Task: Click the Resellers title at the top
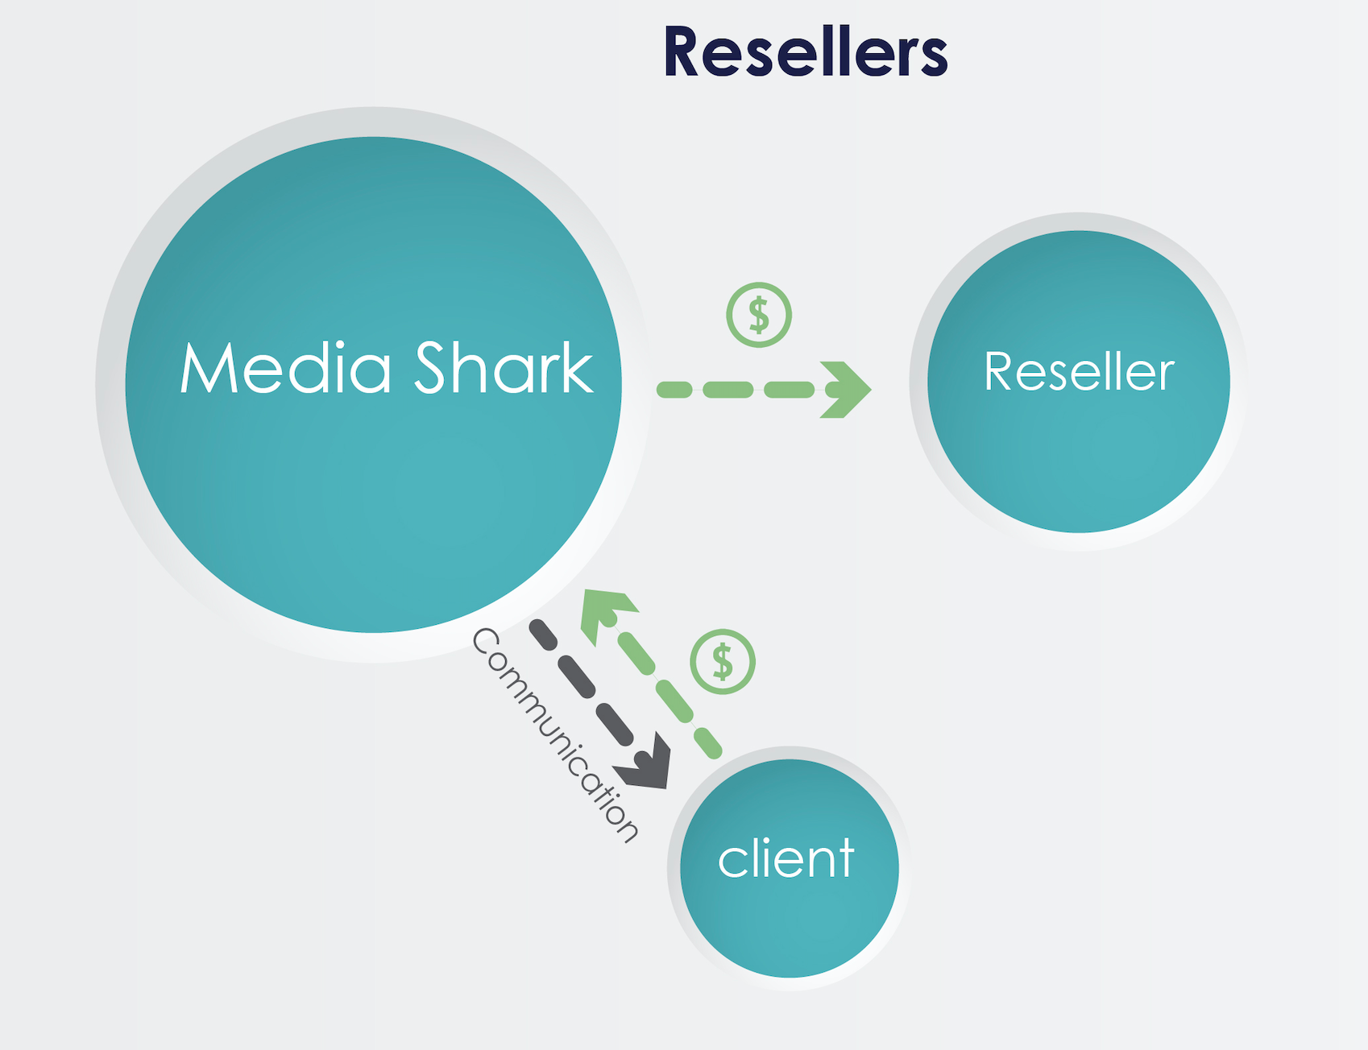point(805,52)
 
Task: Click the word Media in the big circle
point(286,368)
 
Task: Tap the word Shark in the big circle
point(504,368)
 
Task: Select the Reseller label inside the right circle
point(1079,372)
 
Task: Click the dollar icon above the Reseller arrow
point(759,315)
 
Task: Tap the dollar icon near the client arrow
point(723,662)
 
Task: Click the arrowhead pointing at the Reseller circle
point(846,390)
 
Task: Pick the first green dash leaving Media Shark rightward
point(675,391)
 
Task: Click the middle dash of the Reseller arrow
point(728,391)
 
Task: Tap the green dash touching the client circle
point(708,743)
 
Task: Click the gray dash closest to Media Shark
point(543,635)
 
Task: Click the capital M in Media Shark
point(206,368)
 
